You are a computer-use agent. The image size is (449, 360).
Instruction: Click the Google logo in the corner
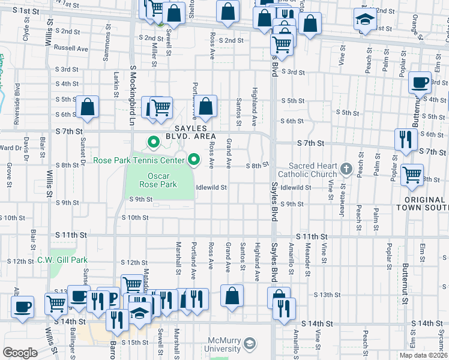tap(20, 353)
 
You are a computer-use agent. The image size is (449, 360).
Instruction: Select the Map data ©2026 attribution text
tap(423, 355)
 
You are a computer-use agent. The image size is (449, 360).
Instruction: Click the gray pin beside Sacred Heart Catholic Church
tap(346, 170)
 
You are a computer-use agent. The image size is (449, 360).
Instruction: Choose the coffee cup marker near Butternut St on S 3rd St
tap(420, 82)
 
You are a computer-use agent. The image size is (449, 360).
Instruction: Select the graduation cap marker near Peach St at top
tap(363, 20)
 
